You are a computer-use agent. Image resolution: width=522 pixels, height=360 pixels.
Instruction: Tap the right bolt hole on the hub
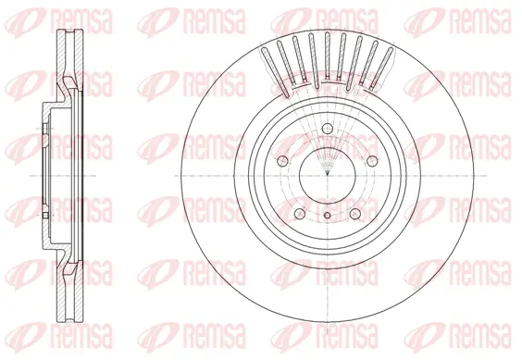[x=371, y=161]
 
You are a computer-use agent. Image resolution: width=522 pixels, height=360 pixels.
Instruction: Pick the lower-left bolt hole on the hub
[x=303, y=210]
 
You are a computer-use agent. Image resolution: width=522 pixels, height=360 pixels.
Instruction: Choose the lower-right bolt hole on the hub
[x=355, y=210]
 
